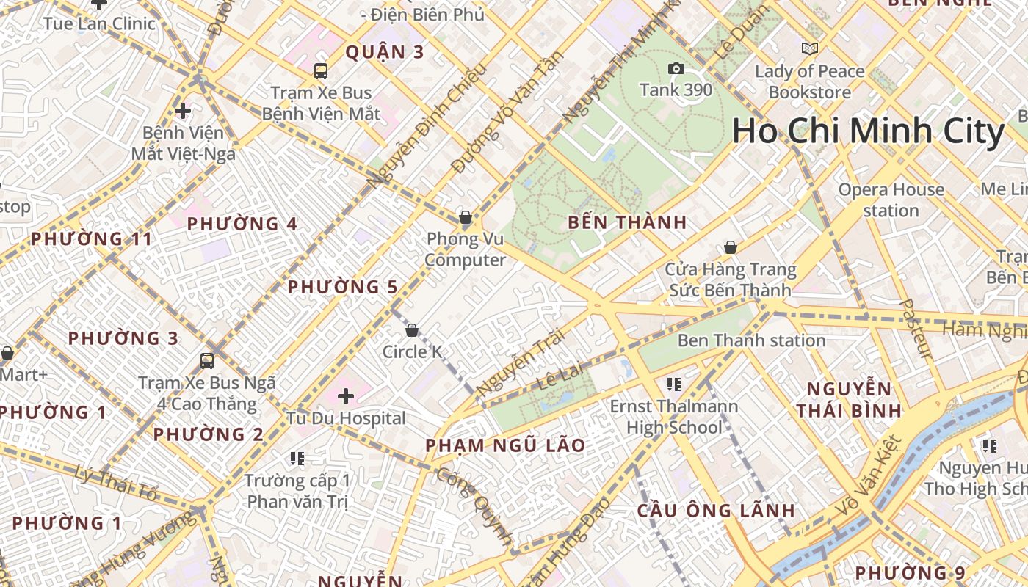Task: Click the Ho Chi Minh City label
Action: pos(868,132)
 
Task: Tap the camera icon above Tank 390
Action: pos(676,69)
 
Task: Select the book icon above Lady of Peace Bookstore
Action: pos(810,49)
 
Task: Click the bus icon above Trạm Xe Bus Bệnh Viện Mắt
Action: pos(321,71)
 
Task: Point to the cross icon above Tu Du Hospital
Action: pos(346,397)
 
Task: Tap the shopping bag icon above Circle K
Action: pos(412,330)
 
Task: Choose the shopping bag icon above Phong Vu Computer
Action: pos(465,217)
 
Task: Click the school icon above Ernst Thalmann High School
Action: pos(674,384)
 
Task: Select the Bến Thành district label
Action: pos(627,222)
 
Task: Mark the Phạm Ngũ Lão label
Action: pos(505,445)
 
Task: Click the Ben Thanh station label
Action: pos(751,340)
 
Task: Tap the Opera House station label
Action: pos(891,200)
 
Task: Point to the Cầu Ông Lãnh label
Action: pos(716,510)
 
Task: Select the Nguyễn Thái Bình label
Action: pos(849,399)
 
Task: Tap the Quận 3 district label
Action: pos(385,52)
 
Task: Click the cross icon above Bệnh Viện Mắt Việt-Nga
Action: pos(183,111)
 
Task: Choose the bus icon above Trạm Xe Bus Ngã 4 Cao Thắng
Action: pos(207,361)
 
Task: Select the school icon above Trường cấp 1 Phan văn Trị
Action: pos(297,459)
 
